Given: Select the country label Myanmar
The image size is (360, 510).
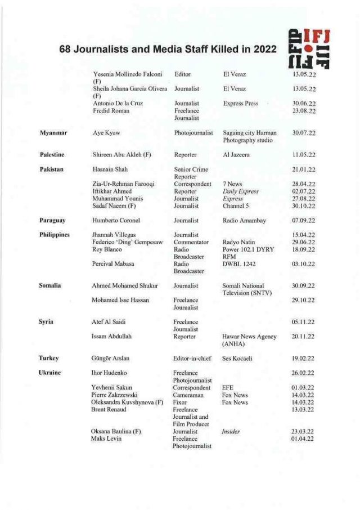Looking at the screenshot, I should point(53,133).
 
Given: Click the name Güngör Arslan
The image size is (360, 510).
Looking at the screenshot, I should point(114,358).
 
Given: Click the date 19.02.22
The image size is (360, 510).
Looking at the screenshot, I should point(303,358).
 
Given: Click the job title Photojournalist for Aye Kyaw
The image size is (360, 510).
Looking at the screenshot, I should point(194,133).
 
